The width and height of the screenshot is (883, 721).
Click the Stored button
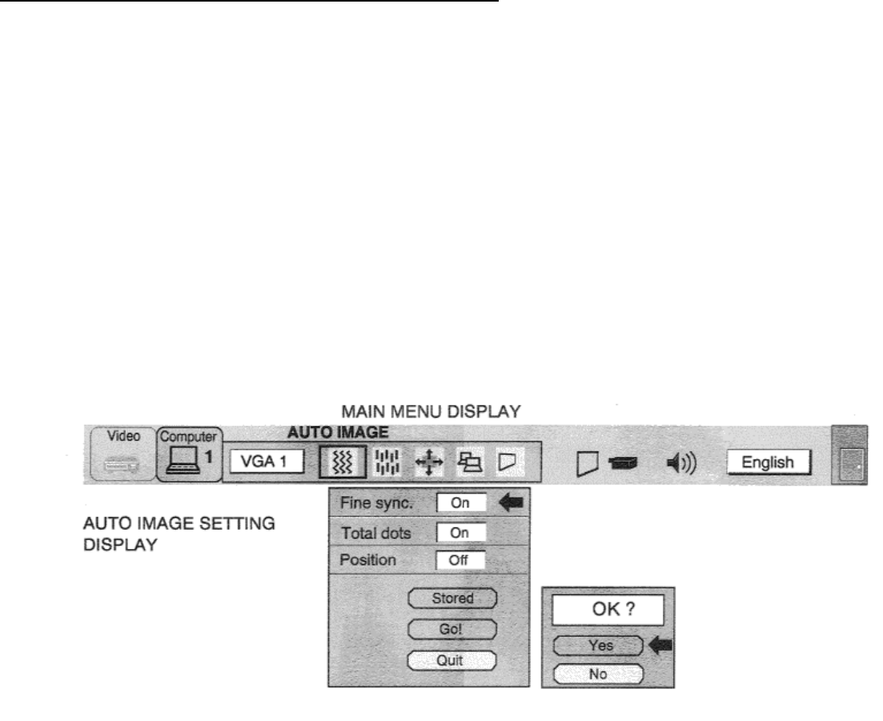pyautogui.click(x=452, y=598)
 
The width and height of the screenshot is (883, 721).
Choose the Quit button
pyautogui.click(x=452, y=660)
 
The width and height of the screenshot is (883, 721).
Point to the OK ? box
pyautogui.click(x=606, y=610)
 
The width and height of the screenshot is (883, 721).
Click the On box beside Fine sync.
pyautogui.click(x=461, y=503)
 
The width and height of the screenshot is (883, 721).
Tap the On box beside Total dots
pyautogui.click(x=461, y=532)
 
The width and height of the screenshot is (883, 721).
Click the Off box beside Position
pyautogui.click(x=461, y=560)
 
